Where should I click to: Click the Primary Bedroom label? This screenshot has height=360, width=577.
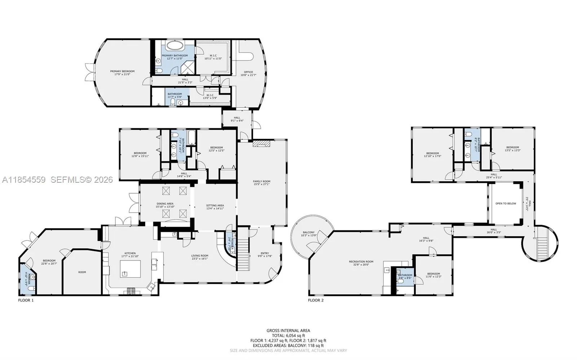[x=122, y=71]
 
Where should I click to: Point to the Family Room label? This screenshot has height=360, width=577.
[x=261, y=182]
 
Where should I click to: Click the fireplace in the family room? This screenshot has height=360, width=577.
[x=261, y=144]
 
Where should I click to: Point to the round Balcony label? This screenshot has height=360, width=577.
[x=308, y=232]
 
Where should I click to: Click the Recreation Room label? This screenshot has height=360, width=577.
[x=361, y=262]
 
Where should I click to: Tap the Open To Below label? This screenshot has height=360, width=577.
[x=505, y=204]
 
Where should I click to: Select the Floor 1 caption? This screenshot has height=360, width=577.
[x=26, y=300]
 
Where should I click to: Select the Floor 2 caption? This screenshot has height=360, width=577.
[x=316, y=300]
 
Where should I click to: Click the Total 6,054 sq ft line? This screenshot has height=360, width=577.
[x=288, y=335]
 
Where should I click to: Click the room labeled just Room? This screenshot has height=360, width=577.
[x=82, y=272]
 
